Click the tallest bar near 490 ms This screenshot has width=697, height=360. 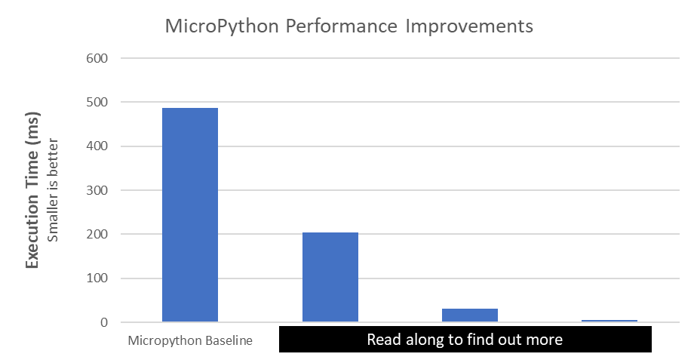coord(190,215)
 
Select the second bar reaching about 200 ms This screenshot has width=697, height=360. coord(330,277)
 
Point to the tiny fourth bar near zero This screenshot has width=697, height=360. coord(609,321)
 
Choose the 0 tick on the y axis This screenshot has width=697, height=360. coord(104,323)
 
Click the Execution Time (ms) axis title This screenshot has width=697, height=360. coord(32,190)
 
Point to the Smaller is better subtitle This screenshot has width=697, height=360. coord(53,190)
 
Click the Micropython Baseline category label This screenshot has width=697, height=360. coord(190,340)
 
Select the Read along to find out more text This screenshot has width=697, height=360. coord(465,340)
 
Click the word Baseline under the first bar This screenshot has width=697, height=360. coord(229,340)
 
